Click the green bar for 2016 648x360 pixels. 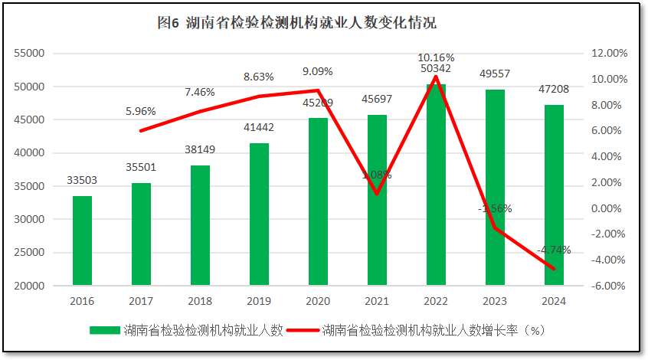click(x=82, y=241)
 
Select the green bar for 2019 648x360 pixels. click(x=259, y=214)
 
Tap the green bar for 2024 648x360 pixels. click(x=554, y=195)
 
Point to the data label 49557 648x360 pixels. click(x=495, y=74)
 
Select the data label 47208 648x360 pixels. click(x=554, y=90)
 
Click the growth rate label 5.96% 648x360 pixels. click(x=141, y=111)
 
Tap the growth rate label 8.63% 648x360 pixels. click(x=259, y=77)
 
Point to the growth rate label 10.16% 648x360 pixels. click(x=436, y=57)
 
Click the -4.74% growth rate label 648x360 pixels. click(x=554, y=250)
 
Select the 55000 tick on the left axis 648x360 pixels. click(x=31, y=54)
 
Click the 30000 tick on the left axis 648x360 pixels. click(x=31, y=219)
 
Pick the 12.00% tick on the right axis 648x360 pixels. click(x=610, y=54)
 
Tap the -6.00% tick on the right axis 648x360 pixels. click(x=610, y=286)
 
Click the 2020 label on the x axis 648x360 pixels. click(x=318, y=302)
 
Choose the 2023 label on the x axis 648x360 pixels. click(x=495, y=302)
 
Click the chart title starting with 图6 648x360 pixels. click(x=296, y=23)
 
